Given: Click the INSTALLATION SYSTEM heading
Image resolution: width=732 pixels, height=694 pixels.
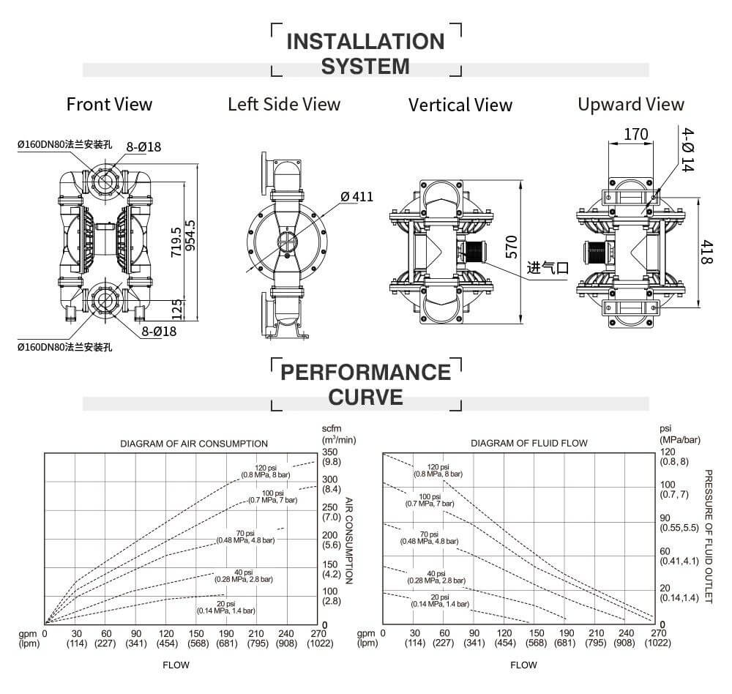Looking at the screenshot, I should point(365,53).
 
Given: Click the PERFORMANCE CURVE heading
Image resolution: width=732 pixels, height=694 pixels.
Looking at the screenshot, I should point(365,384).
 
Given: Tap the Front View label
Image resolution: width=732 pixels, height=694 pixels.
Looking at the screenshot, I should point(110,104).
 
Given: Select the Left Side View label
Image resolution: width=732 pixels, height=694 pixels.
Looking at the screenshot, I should point(284,104).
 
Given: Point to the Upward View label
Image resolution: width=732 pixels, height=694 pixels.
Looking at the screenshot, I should point(630,104).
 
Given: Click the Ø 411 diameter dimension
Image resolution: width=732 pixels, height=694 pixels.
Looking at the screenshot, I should point(356,196).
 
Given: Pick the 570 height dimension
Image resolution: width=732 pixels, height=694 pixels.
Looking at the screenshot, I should point(512,247).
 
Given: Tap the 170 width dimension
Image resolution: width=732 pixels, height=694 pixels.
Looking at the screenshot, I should point(636,135).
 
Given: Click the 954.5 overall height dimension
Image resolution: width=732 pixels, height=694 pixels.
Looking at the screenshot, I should point(191,236).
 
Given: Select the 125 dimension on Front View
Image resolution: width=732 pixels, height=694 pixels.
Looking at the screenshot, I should point(176,308).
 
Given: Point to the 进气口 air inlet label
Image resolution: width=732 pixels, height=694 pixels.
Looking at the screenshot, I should point(548,268).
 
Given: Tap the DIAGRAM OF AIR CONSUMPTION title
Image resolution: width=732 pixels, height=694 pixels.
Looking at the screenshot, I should point(194,444).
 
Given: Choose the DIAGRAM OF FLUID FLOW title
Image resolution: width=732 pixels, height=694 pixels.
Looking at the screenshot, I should point(529,444).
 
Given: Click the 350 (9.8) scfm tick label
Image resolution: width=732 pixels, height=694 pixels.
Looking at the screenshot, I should point(332,457).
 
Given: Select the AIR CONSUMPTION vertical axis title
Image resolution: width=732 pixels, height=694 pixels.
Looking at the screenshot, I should point(348,541).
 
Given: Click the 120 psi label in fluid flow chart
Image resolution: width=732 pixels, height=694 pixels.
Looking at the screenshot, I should point(438,470).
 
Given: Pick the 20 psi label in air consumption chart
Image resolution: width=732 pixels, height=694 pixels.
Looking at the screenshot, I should point(225,606).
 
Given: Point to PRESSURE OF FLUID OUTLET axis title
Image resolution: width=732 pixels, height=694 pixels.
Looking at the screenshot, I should point(708,537).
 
